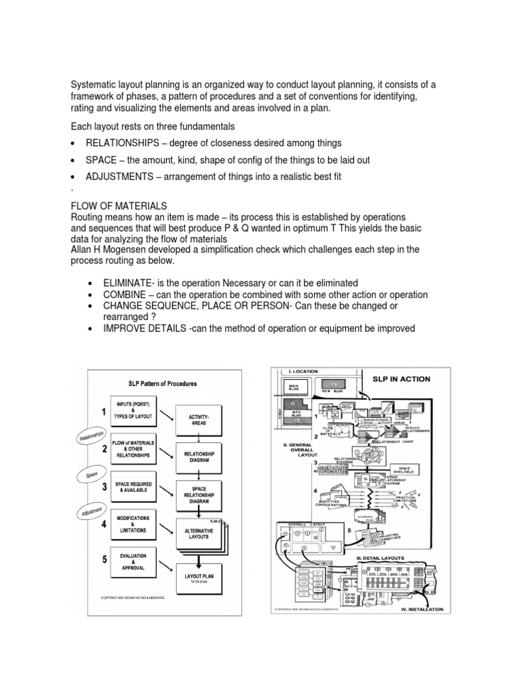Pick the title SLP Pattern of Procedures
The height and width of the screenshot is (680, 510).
(162, 384)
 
